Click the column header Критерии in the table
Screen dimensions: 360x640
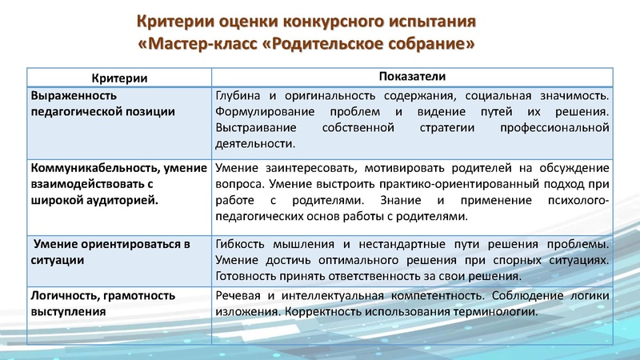[119, 78]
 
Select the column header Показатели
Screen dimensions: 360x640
[411, 76]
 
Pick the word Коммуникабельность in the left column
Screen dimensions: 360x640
[89, 168]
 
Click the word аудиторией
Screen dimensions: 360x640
[122, 199]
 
